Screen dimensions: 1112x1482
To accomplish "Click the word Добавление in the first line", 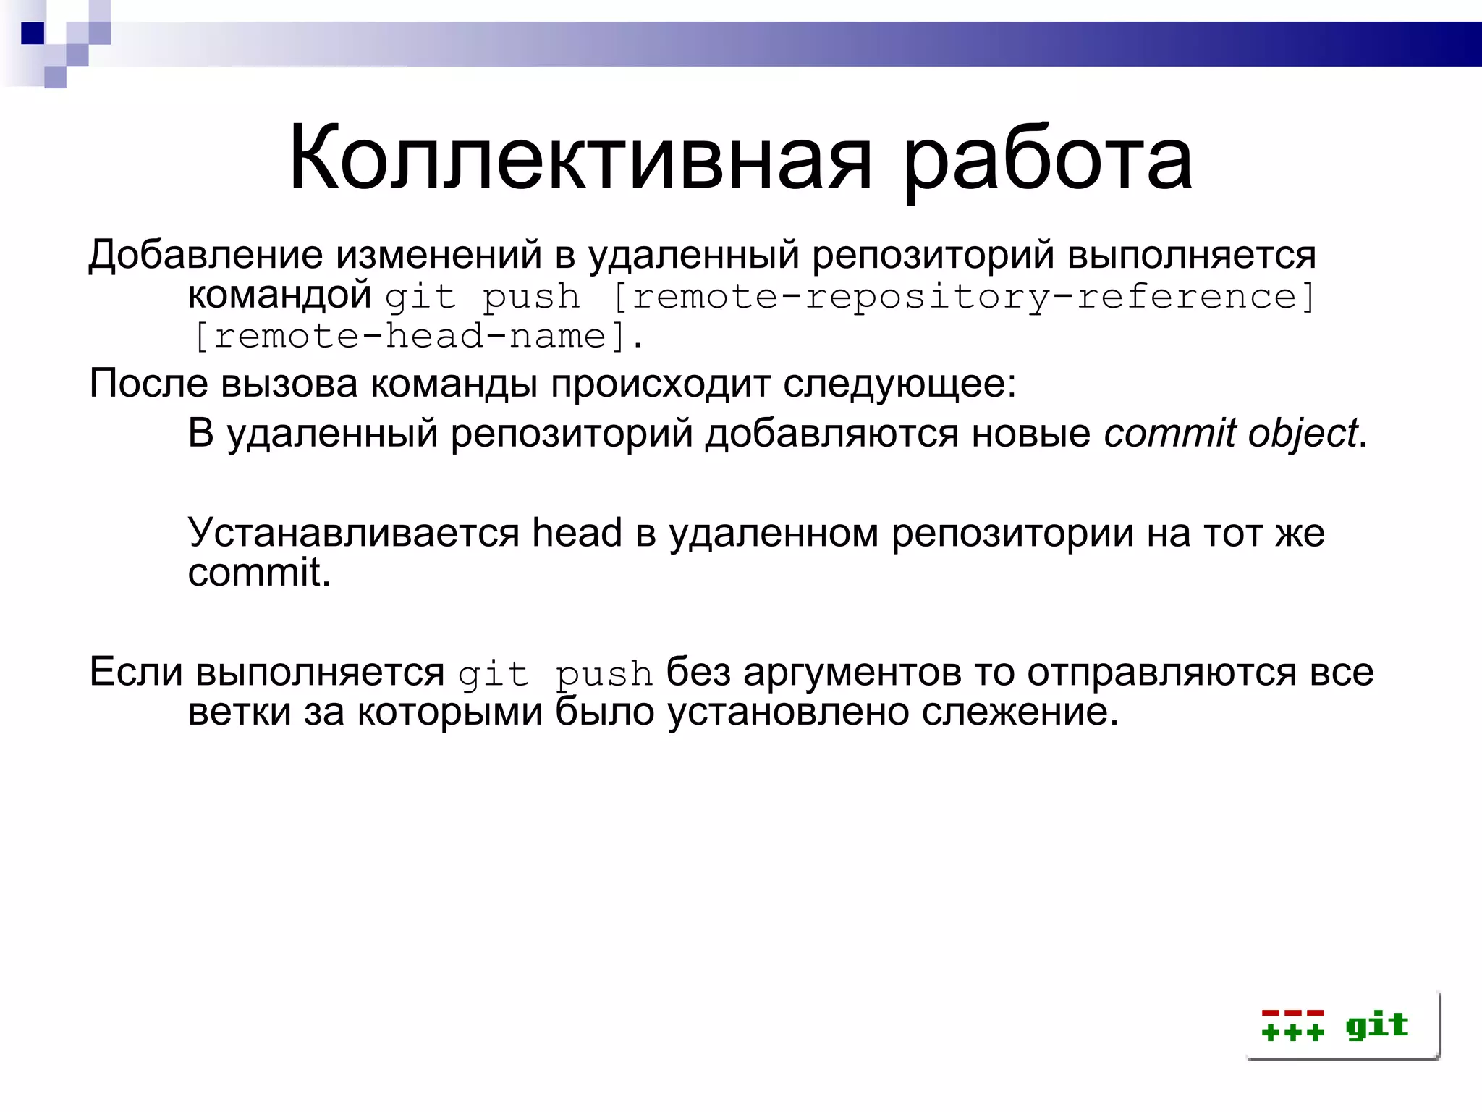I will click(x=206, y=255).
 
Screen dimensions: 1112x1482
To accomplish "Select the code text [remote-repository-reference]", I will click(x=962, y=297).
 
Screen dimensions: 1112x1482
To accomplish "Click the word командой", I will click(x=279, y=295).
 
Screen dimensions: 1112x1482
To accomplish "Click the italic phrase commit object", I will click(x=1230, y=434).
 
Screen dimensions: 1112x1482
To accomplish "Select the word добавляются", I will click(x=832, y=434).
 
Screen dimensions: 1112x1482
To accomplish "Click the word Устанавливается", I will click(x=354, y=534).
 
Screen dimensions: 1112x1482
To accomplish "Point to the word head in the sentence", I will click(x=577, y=532).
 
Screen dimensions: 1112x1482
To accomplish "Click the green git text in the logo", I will click(x=1376, y=1025).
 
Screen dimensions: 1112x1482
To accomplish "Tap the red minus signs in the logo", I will click(x=1292, y=1013).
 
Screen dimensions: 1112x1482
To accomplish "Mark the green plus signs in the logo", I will click(x=1292, y=1032).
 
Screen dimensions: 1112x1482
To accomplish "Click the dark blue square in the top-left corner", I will click(x=33, y=33).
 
